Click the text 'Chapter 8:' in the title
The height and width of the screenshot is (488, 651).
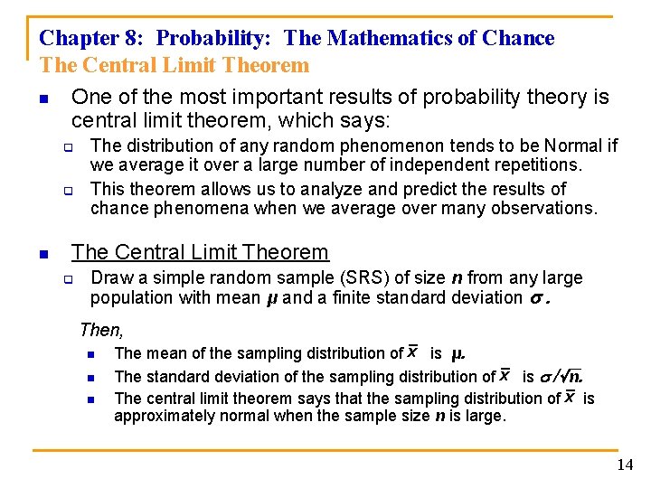[x=92, y=38]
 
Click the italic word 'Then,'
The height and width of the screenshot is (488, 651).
[x=101, y=331]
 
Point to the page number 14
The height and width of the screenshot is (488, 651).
[x=625, y=465]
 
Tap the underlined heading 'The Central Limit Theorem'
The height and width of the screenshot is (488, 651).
[x=200, y=252]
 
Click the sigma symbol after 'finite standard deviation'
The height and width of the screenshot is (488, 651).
[x=538, y=298]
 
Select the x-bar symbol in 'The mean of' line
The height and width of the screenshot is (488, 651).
[x=412, y=352]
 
